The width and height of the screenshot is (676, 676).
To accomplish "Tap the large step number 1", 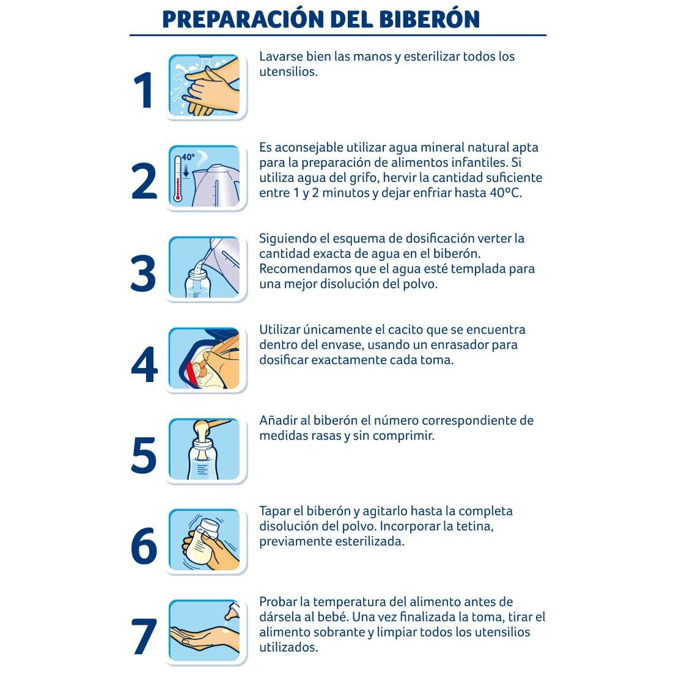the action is (x=144, y=90).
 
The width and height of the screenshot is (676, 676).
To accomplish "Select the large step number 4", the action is (x=144, y=364).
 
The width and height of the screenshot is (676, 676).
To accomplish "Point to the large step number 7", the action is (x=144, y=637).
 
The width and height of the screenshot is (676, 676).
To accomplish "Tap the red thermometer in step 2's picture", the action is (x=178, y=179).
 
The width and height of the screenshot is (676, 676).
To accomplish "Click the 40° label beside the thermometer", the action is (x=188, y=157).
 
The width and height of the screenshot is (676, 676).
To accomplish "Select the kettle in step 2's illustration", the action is (x=215, y=184).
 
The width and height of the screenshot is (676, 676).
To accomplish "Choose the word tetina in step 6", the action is (x=475, y=526).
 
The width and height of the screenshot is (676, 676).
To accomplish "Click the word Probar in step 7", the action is (x=277, y=602).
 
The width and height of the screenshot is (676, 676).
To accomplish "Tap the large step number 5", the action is (x=144, y=455).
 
